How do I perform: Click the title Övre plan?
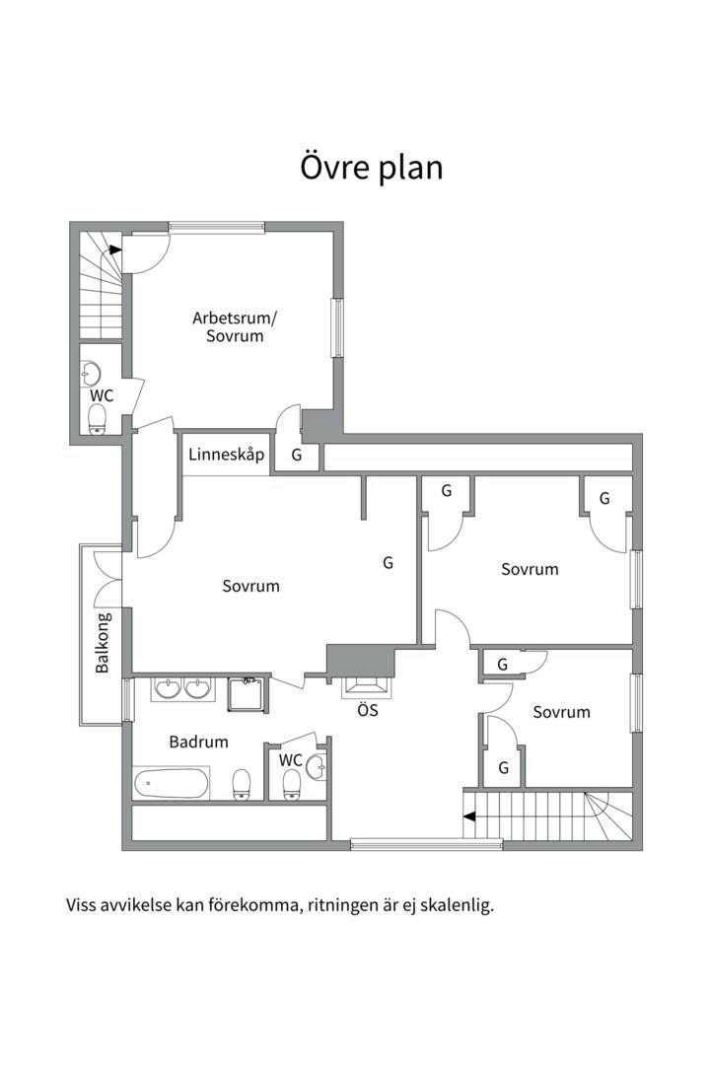pyautogui.click(x=371, y=167)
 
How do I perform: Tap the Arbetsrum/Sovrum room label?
pyautogui.click(x=235, y=326)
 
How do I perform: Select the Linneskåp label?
pyautogui.click(x=226, y=455)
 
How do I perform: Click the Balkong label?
pyautogui.click(x=102, y=643)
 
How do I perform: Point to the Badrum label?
pyautogui.click(x=198, y=742)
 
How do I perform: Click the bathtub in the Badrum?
pyautogui.click(x=172, y=784)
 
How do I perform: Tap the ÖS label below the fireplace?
pyautogui.click(x=368, y=710)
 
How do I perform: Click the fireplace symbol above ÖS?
pyautogui.click(x=368, y=687)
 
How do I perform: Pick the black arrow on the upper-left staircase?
pyautogui.click(x=115, y=249)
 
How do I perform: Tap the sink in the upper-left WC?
pyautogui.click(x=91, y=372)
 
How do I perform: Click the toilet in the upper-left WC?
pyautogui.click(x=98, y=419)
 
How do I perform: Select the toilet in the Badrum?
pyautogui.click(x=242, y=785)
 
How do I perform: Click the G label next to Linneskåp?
pyautogui.click(x=296, y=455)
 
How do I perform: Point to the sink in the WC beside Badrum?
pyautogui.click(x=316, y=766)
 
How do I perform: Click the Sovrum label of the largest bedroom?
pyautogui.click(x=250, y=586)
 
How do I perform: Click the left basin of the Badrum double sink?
pyautogui.click(x=167, y=688)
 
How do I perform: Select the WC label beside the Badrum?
pyautogui.click(x=290, y=760)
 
